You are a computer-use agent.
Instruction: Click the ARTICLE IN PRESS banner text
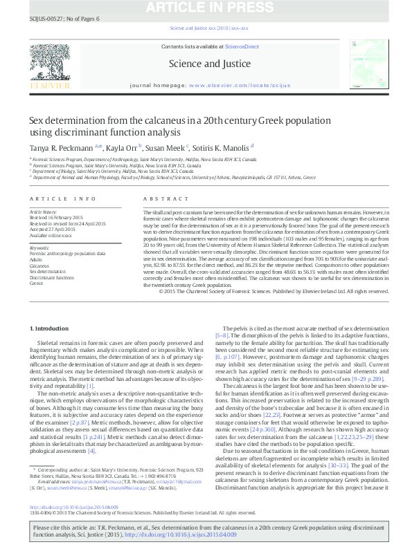tap(206, 8)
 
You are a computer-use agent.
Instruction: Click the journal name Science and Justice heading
tap(205, 64)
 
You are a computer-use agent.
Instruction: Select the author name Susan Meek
tap(165, 147)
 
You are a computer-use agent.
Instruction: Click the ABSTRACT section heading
tap(157, 198)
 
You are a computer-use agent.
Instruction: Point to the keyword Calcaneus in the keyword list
tap(39, 266)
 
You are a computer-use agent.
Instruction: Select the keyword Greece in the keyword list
tap(36, 283)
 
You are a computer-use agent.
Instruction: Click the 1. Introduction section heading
tap(51, 327)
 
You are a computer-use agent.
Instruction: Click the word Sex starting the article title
tap(35, 120)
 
